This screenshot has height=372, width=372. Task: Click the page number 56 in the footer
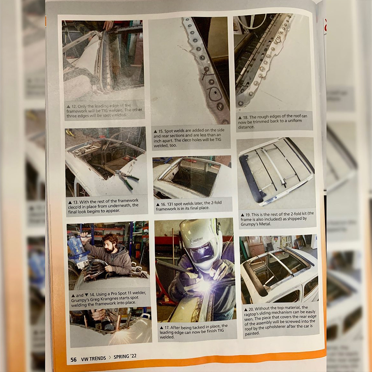pyautogui.click(x=74, y=360)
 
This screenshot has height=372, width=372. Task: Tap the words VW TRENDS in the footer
pyautogui.click(x=93, y=359)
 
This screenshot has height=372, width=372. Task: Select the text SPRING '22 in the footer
pyautogui.click(x=125, y=357)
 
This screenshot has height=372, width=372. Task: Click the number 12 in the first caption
pyautogui.click(x=74, y=106)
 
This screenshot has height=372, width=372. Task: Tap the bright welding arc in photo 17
pyautogui.click(x=204, y=286)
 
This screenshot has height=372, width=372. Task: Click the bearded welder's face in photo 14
pyautogui.click(x=110, y=246)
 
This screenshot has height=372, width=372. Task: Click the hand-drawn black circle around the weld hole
pyautogui.click(x=214, y=93)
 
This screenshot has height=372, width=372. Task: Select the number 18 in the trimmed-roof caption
pyautogui.click(x=245, y=117)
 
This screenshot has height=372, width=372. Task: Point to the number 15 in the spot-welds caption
pyautogui.click(x=161, y=131)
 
